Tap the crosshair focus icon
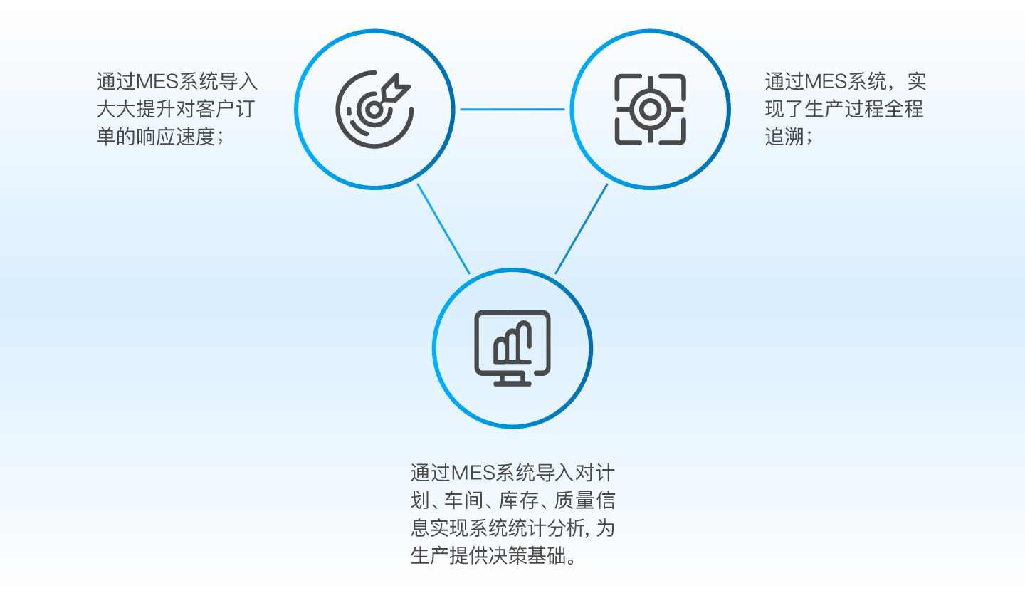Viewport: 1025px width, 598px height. click(x=650, y=110)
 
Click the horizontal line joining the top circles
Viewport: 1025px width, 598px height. click(x=512, y=110)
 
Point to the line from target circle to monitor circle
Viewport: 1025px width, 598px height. click(x=443, y=229)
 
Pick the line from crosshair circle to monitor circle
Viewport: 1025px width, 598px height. click(x=581, y=229)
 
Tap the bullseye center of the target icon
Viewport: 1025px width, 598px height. click(x=374, y=110)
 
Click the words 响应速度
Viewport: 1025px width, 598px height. click(x=176, y=137)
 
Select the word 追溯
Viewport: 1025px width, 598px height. click(x=784, y=137)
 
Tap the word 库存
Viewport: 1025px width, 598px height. click(x=518, y=500)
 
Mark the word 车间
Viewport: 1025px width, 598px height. click(x=463, y=500)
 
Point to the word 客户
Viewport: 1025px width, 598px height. click(x=215, y=110)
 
